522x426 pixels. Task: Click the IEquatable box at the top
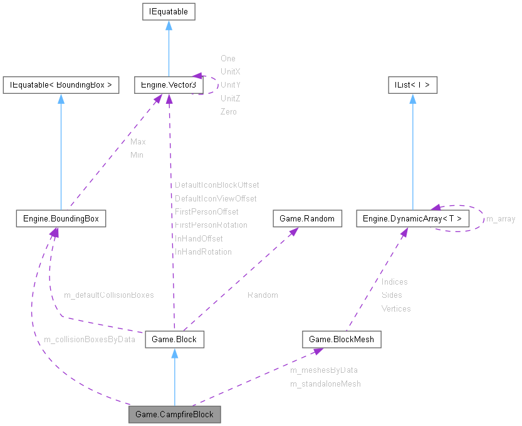pos(169,12)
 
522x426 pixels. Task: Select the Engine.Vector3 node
pos(169,85)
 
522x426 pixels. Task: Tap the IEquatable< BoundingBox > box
pos(61,85)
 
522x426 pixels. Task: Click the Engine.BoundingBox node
pos(61,219)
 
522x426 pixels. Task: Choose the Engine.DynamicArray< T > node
pos(412,219)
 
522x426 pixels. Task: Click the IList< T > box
pos(412,85)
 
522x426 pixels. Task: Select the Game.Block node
pos(174,340)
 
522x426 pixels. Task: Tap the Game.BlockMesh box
pos(342,340)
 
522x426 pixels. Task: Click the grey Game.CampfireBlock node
pos(175,415)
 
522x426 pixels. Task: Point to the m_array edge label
pos(501,219)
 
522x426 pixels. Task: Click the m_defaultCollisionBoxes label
pos(109,295)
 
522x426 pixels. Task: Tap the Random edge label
pos(263,295)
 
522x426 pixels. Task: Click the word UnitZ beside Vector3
pos(230,99)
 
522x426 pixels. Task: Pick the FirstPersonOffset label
pos(206,211)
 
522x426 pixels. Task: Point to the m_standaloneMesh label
pos(325,383)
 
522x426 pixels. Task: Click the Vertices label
pos(396,308)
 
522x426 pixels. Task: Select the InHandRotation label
pos(203,252)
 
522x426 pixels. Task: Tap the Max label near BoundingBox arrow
pos(138,142)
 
